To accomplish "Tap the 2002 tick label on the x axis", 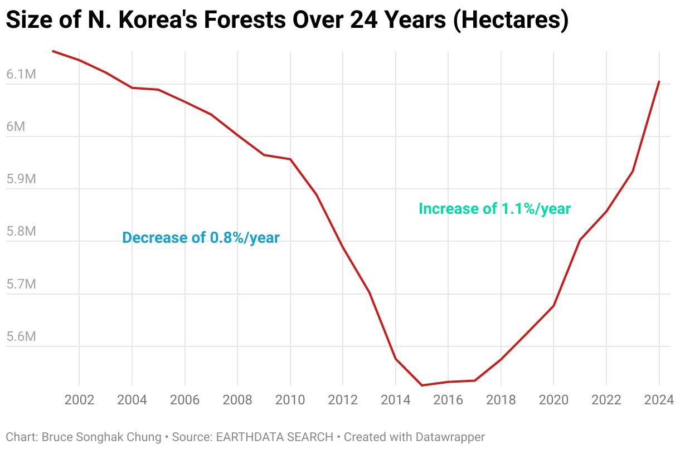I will pyautogui.click(x=79, y=399).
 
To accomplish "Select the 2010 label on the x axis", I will pyautogui.click(x=290, y=399).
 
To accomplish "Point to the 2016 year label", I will pyautogui.click(x=448, y=399).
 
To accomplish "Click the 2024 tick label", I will pyautogui.click(x=659, y=399).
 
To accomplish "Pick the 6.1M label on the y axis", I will pyautogui.click(x=21, y=74).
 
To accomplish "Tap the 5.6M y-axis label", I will pyautogui.click(x=21, y=336).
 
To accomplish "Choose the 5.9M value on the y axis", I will pyautogui.click(x=21, y=179).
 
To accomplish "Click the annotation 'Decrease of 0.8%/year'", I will pyautogui.click(x=201, y=238).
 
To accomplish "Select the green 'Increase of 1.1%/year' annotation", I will pyautogui.click(x=494, y=209).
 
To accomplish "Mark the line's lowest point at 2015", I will pyautogui.click(x=422, y=385).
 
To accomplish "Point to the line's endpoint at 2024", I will pyautogui.click(x=659, y=82).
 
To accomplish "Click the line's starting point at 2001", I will pyautogui.click(x=53, y=51).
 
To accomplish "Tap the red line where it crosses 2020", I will pyautogui.click(x=553, y=306).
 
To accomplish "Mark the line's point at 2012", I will pyautogui.click(x=343, y=247).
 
